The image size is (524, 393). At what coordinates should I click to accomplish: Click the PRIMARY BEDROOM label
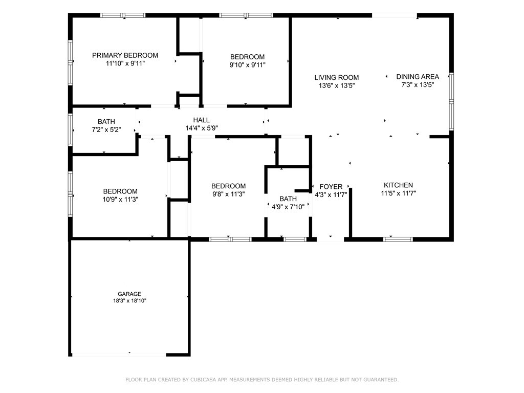pos(125,55)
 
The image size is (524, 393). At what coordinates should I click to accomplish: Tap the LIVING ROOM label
pos(337,78)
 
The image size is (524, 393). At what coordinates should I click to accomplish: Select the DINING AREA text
pos(418,77)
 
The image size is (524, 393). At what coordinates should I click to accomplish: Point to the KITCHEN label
pos(398,185)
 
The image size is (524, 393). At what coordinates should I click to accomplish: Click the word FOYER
pos(331,187)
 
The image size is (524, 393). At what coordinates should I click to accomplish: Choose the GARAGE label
pos(129,294)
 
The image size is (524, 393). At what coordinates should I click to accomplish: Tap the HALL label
pos(202,120)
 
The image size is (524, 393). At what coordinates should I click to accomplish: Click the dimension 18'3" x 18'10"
pos(129,301)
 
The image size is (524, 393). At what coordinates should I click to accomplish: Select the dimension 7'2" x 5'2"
pos(106,129)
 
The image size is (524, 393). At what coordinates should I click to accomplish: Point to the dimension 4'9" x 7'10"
pos(288,207)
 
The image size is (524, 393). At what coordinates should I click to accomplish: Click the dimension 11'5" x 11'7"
pos(398,193)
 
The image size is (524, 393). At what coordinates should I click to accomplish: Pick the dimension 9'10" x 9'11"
pos(247,65)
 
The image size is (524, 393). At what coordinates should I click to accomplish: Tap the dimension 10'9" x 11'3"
pos(120,200)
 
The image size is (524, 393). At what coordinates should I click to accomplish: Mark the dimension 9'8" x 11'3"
pos(229,194)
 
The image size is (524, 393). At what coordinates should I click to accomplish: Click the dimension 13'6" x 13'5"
pos(337,85)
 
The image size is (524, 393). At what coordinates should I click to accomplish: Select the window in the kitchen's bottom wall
pos(398,239)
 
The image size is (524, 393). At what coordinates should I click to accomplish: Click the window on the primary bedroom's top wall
pos(123,15)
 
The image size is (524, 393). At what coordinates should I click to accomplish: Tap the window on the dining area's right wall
pos(451,101)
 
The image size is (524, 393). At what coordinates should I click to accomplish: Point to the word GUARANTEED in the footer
pos(381,380)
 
